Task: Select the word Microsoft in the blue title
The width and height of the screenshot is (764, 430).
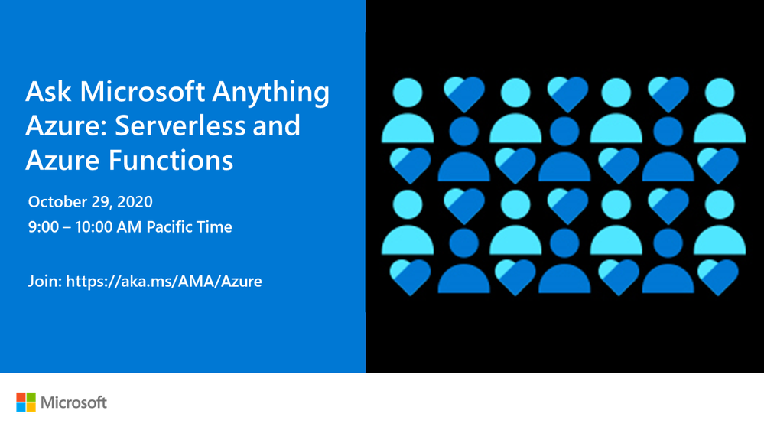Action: point(142,91)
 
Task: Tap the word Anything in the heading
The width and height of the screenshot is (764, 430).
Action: point(271,93)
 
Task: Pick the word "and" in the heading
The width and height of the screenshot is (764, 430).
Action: point(276,125)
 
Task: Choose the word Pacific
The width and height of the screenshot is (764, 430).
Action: point(167,226)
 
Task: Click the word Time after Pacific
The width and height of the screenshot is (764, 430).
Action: point(212,226)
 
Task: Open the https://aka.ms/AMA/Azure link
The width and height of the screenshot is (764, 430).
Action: point(164,282)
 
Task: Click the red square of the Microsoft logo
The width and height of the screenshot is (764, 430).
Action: point(21,397)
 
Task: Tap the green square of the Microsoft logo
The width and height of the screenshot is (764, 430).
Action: point(31,397)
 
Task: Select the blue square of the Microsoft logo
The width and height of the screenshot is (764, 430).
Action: point(21,407)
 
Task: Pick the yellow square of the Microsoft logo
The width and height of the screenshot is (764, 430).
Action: point(31,407)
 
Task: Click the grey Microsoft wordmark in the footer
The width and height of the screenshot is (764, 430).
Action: point(73,402)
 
